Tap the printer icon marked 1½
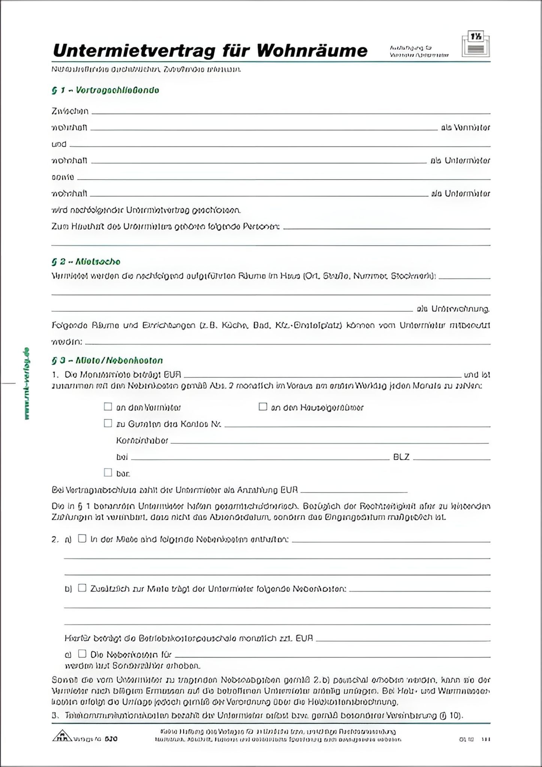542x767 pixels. click(x=476, y=45)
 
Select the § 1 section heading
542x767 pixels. click(x=105, y=90)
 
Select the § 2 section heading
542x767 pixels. click(x=86, y=261)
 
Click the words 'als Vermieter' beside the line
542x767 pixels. click(x=465, y=128)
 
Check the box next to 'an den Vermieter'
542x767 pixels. click(x=108, y=407)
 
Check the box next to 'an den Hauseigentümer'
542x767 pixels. click(x=263, y=407)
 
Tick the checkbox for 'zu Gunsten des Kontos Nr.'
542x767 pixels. click(x=108, y=423)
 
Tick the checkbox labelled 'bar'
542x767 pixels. click(x=108, y=472)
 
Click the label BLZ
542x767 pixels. click(x=401, y=457)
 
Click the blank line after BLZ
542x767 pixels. click(x=451, y=458)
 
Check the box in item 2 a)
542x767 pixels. click(x=82, y=539)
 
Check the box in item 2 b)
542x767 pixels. click(x=82, y=588)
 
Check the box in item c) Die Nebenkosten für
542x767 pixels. click(x=82, y=654)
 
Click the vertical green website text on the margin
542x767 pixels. click(x=27, y=384)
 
